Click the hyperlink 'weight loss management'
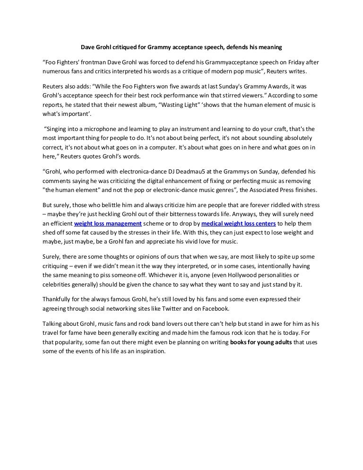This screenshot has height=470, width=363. [x=108, y=224]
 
